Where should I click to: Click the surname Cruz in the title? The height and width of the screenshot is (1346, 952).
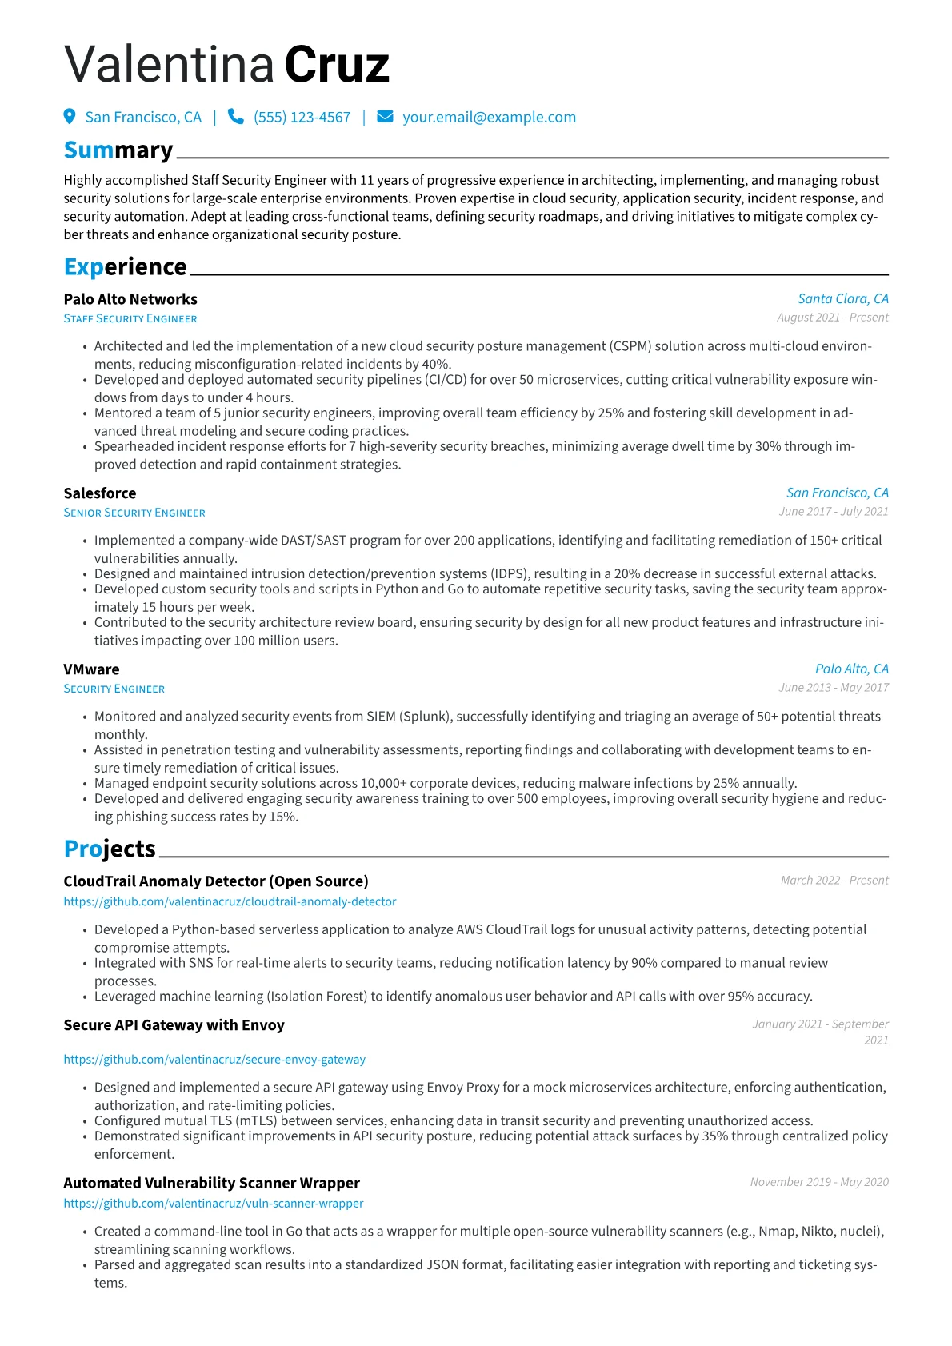coord(337,65)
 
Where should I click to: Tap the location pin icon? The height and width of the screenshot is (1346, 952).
coord(70,117)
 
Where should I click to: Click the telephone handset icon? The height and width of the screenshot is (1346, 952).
coord(235,117)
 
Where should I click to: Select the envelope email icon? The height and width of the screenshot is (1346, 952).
coord(385,117)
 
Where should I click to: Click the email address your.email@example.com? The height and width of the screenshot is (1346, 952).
coord(489,118)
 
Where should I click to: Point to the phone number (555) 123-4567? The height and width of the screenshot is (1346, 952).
coord(302,118)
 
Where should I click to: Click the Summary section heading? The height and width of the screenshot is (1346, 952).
coord(118,150)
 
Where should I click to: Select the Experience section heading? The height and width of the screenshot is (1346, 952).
coord(125,266)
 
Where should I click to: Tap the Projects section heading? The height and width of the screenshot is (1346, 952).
coord(110,849)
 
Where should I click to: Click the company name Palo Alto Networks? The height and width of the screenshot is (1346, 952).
coord(130,299)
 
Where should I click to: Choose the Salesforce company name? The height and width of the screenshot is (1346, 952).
coord(100,493)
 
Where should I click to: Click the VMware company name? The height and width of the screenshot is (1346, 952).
coord(91,669)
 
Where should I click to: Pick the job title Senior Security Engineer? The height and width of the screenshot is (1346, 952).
coord(134,513)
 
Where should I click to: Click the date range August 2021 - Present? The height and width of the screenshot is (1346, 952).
coord(832,318)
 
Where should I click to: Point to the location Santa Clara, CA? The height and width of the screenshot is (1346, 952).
coord(842,298)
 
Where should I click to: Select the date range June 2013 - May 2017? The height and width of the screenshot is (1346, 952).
coord(834,688)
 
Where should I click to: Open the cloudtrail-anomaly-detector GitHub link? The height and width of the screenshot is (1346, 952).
coord(230,901)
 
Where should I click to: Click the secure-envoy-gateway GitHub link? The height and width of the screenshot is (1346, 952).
coord(214,1059)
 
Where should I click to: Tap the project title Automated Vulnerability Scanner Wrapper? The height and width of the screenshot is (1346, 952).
coord(211,1183)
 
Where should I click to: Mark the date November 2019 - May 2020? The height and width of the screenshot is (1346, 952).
coord(819,1182)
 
